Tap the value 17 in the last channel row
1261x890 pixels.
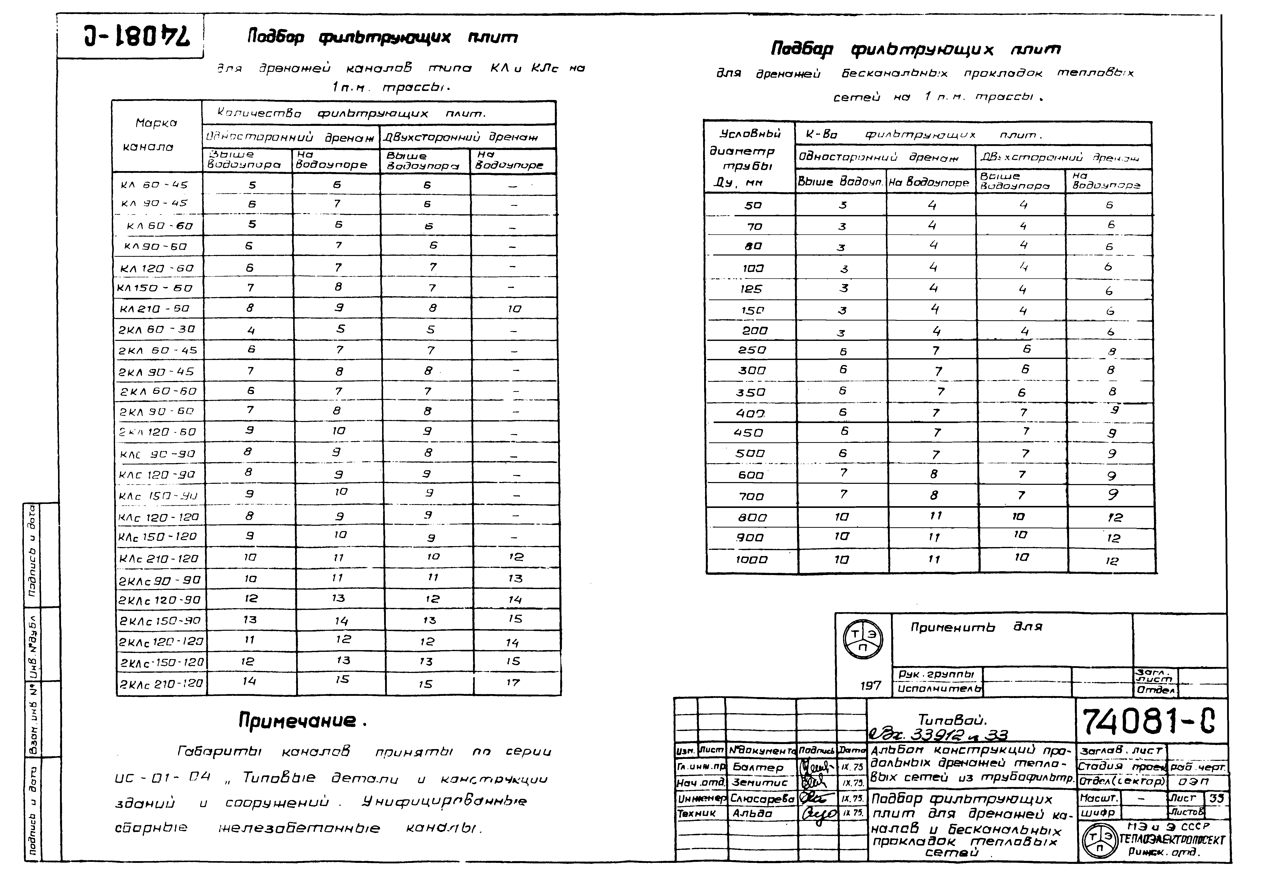(513, 683)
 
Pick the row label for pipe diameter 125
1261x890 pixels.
(751, 289)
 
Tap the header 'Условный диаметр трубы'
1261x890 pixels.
(749, 158)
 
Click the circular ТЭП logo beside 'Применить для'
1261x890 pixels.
(863, 640)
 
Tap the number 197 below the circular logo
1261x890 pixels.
(870, 686)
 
